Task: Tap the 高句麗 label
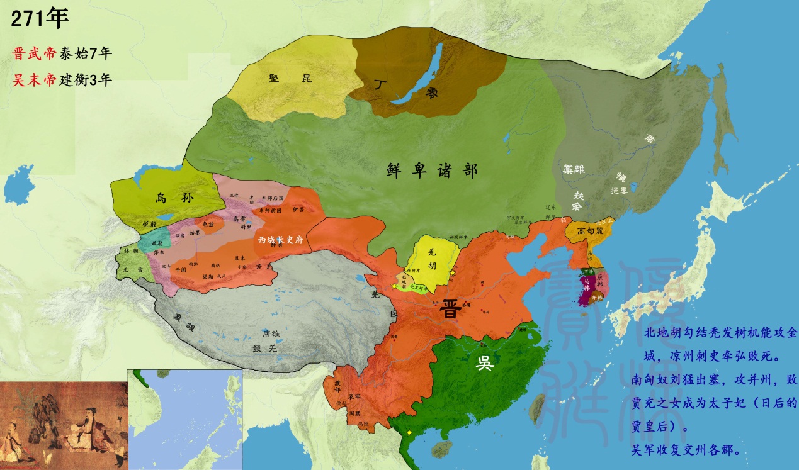pos(591,231)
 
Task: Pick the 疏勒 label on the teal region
pos(157,242)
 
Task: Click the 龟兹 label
pos(208,223)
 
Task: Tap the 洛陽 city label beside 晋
pos(467,305)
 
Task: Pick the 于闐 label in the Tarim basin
pos(180,269)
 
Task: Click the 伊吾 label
pos(298,208)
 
